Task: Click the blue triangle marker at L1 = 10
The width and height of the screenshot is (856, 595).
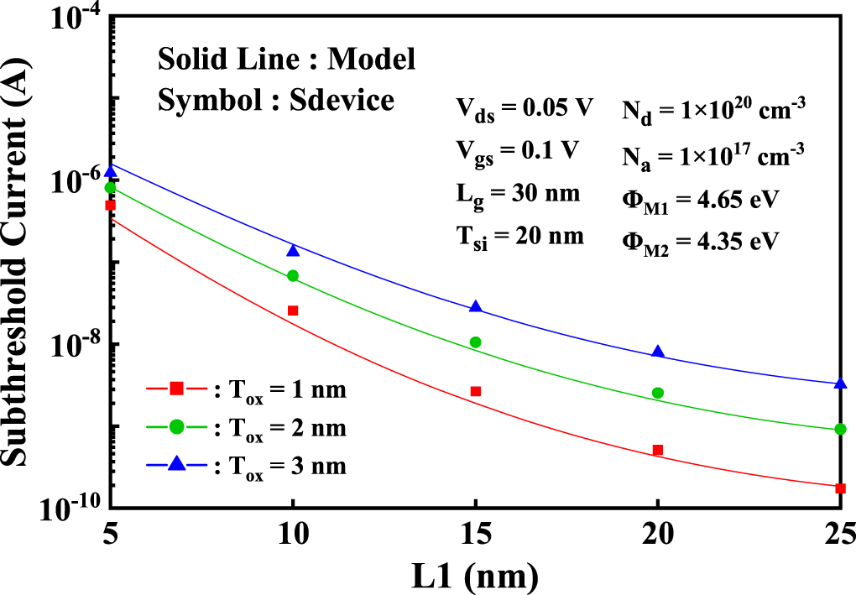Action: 293,251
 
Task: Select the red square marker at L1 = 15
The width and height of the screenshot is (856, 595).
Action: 476,391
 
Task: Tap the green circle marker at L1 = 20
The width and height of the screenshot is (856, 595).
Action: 658,393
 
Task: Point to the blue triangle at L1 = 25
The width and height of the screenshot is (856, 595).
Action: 840,384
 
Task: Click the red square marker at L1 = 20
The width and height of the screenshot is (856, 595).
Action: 658,450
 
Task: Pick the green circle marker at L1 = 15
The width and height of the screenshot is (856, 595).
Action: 476,342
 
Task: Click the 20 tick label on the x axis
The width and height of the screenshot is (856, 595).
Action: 658,533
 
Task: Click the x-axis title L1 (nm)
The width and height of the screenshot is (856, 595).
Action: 475,575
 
